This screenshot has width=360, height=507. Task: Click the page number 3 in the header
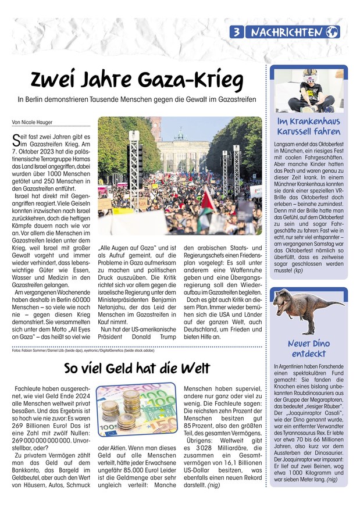[238, 33]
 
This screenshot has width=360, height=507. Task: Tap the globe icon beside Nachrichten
[332, 33]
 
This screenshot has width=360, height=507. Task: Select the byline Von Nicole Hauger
[32, 123]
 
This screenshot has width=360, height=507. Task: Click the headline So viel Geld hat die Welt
[137, 369]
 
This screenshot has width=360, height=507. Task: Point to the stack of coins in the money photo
[126, 410]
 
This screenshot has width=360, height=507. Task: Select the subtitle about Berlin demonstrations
[136, 100]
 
